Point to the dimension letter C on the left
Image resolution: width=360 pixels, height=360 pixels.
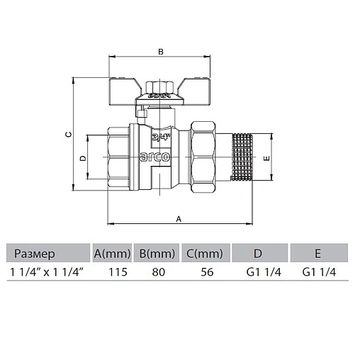67,134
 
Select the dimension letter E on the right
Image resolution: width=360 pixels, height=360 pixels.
266,159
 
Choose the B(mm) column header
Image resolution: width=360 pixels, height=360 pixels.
157,253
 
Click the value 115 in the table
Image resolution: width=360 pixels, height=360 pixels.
117,272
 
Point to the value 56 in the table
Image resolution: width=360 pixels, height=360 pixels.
207,272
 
